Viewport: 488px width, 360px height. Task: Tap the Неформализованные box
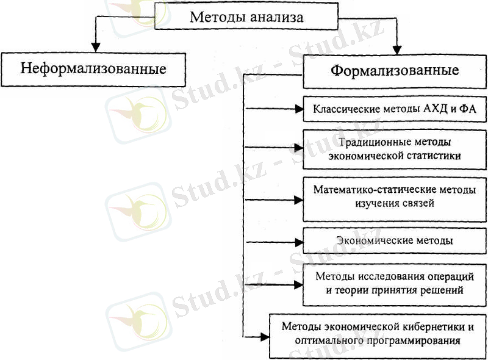(x=93, y=70)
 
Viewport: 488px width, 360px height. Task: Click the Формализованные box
(x=395, y=71)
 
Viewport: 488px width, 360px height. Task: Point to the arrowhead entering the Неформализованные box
(x=96, y=47)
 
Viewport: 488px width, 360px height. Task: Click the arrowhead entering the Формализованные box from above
(x=397, y=50)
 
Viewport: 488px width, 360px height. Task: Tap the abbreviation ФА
(x=468, y=109)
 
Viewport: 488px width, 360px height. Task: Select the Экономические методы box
(x=395, y=241)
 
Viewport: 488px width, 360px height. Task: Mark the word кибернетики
(x=431, y=327)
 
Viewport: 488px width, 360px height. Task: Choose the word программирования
(x=414, y=341)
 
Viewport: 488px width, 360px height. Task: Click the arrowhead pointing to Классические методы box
(x=299, y=109)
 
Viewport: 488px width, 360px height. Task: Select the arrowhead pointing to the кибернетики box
(x=265, y=337)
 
